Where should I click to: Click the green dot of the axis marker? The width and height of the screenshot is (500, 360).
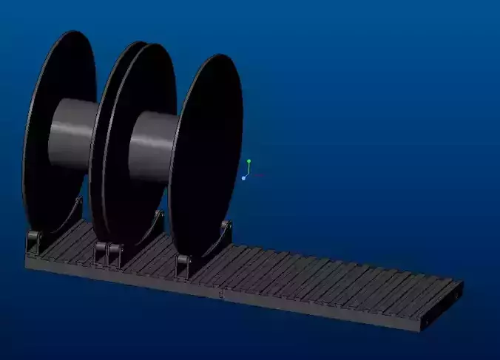(249, 161)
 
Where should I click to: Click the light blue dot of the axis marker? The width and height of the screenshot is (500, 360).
(243, 178)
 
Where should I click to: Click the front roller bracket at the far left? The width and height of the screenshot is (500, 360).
(33, 243)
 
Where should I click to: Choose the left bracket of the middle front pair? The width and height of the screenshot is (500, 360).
(101, 254)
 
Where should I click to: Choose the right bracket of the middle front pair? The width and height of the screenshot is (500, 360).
(115, 255)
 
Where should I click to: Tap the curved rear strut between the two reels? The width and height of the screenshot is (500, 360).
(155, 222)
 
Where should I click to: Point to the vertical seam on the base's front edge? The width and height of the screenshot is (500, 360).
(223, 295)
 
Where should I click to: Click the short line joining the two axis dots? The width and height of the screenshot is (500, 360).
(247, 170)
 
